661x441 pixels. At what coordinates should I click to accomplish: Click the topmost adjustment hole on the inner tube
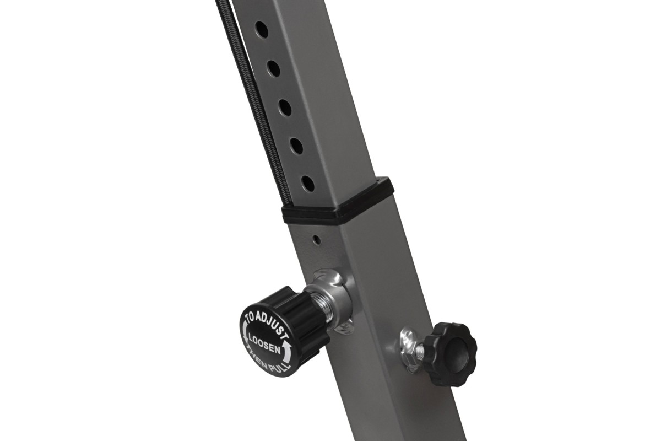[262, 30]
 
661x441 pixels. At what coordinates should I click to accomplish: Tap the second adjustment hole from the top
[274, 69]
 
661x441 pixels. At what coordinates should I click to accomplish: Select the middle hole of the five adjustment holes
[285, 107]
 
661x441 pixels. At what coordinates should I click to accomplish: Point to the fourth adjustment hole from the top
[296, 146]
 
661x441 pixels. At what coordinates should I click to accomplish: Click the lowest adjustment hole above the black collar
[307, 184]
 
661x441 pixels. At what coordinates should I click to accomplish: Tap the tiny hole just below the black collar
[317, 240]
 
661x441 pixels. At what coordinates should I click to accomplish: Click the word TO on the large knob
[248, 319]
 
